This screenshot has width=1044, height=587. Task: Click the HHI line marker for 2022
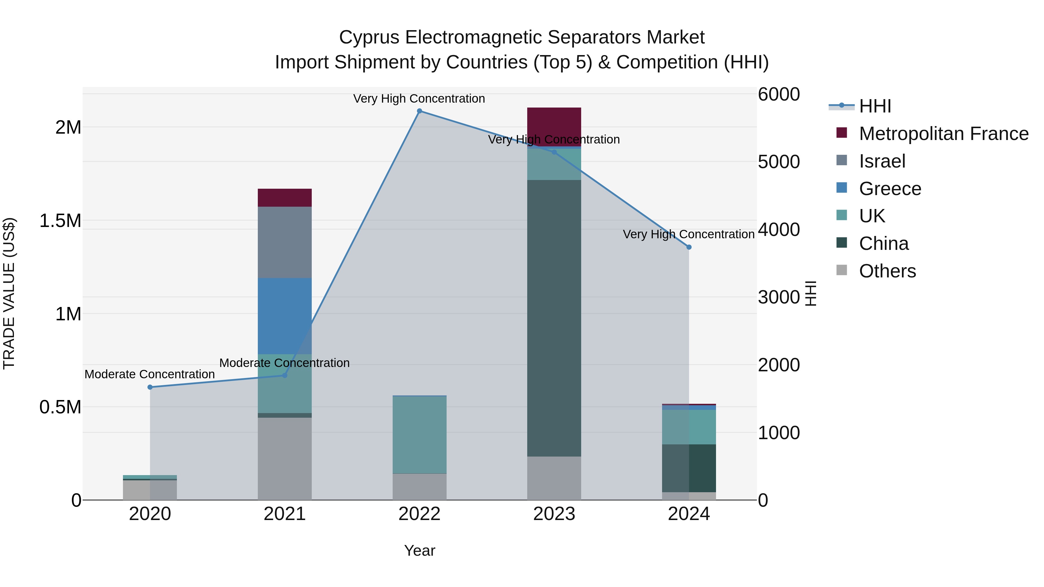(x=419, y=111)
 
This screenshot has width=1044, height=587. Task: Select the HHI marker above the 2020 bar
(x=150, y=387)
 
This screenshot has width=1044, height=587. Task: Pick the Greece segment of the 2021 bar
(x=284, y=316)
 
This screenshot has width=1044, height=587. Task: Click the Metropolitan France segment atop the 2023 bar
(x=554, y=121)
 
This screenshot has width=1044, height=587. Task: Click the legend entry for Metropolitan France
(x=943, y=134)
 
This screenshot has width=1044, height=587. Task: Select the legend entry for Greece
(x=890, y=189)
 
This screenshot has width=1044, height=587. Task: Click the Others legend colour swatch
(x=842, y=270)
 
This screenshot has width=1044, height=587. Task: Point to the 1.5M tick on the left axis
(x=60, y=221)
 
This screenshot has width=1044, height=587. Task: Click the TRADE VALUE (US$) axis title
(x=9, y=293)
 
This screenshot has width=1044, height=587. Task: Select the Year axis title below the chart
(x=419, y=550)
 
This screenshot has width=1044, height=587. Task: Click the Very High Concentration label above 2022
(x=419, y=99)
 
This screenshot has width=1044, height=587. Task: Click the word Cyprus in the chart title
(x=369, y=37)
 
